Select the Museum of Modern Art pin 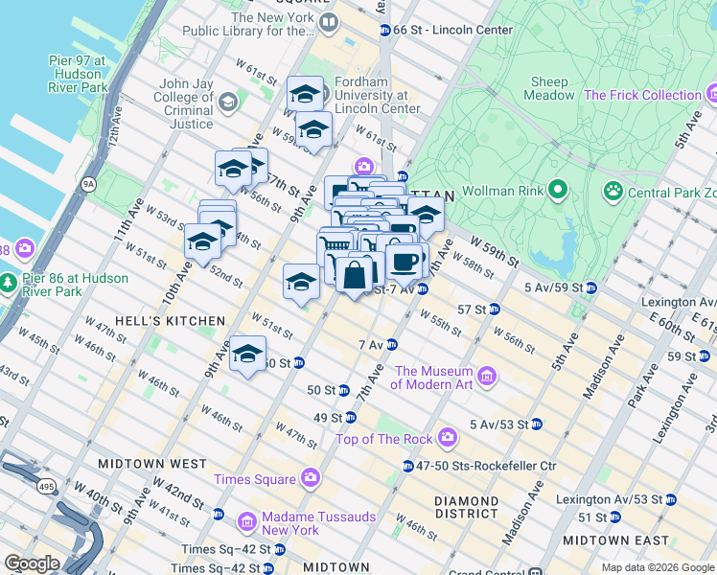tap(487, 374)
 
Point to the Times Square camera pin tap(310, 477)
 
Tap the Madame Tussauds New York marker tap(247, 522)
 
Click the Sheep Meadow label tap(548, 88)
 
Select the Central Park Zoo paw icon tap(613, 192)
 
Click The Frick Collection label tap(642, 95)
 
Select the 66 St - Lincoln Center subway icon tap(384, 30)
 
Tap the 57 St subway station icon tap(494, 309)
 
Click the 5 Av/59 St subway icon tap(590, 287)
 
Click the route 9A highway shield tap(90, 182)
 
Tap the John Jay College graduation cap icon tap(227, 101)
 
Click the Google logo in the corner tap(32, 563)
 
